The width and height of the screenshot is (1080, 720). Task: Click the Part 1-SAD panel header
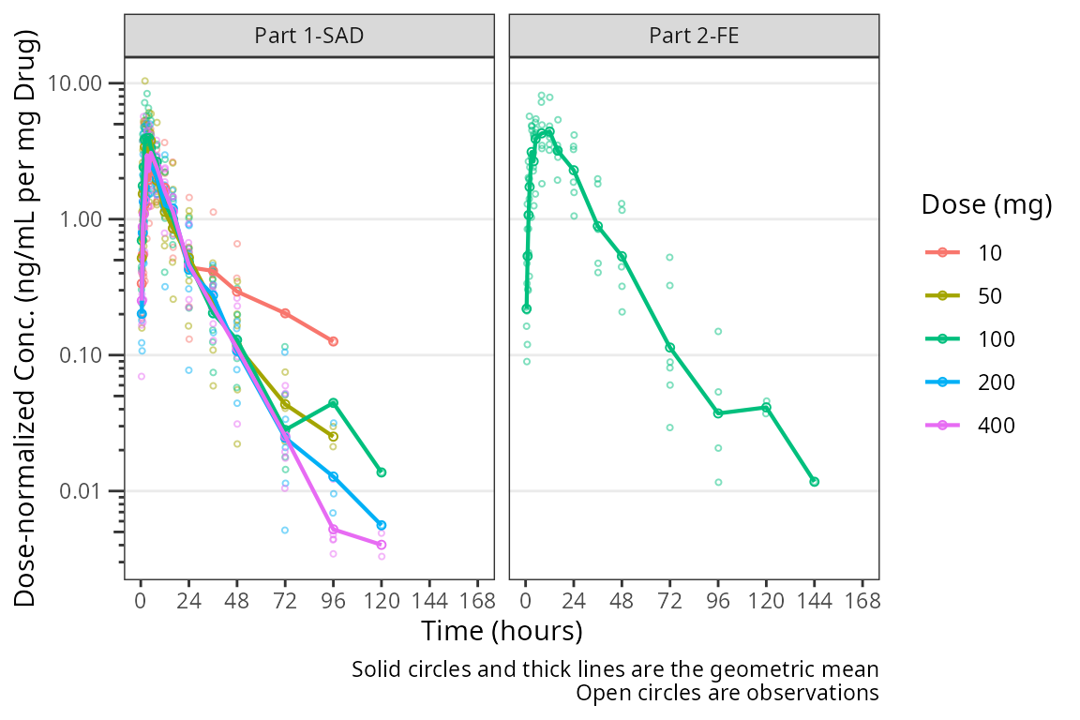309,36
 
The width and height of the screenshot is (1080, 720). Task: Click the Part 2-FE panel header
693,36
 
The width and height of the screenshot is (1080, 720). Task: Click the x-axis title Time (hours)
502,631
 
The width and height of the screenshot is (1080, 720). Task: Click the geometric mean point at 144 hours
815,482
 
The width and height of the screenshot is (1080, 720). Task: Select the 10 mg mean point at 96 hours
333,341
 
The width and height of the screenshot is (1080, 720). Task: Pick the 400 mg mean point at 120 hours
382,545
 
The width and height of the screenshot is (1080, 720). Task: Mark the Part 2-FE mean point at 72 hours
670,348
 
